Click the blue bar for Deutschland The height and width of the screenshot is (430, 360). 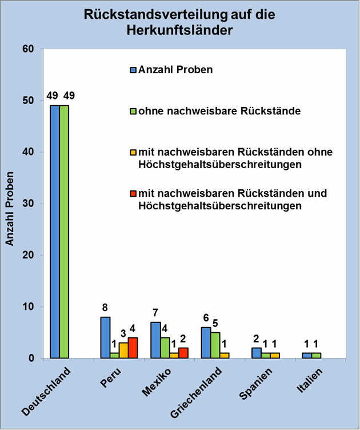point(55,232)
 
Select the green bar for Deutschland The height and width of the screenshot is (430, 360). point(64,232)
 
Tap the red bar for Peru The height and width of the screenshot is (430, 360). point(133,348)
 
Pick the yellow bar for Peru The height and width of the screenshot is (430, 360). point(123,351)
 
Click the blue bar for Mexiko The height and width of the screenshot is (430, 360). point(155,340)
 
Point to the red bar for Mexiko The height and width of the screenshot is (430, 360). point(183,353)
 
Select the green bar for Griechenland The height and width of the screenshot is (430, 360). point(215,345)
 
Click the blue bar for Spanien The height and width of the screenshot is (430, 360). point(256,353)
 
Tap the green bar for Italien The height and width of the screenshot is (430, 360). point(315,356)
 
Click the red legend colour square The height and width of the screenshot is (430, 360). point(134,194)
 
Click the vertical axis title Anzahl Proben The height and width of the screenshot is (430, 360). point(10,204)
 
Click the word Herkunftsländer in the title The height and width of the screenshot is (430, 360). point(179,30)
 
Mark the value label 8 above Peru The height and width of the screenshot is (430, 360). point(105,307)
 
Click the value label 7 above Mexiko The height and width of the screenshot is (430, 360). point(155,312)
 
